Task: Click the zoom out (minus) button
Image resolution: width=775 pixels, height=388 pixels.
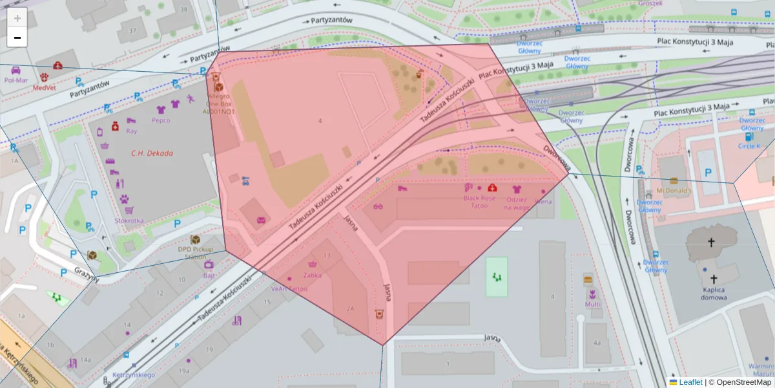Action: (17, 38)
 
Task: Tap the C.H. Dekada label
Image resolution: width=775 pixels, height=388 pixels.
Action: (152, 153)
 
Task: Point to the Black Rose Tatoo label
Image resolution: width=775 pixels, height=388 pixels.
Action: (480, 202)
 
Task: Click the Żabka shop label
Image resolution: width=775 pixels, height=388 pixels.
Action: (313, 274)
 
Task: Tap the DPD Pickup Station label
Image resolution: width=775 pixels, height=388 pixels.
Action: (196, 252)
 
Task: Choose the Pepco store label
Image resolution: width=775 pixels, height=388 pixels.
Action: (161, 120)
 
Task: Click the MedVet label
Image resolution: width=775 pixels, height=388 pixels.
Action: (44, 87)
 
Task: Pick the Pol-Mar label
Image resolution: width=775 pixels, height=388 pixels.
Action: (16, 80)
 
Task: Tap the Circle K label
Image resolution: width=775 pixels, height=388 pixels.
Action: (749, 146)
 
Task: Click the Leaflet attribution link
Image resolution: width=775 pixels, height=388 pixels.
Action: (690, 382)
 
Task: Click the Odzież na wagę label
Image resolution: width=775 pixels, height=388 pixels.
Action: (516, 203)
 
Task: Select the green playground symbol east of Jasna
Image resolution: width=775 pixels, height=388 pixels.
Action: (497, 276)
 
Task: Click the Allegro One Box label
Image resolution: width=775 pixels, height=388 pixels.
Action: (219, 103)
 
